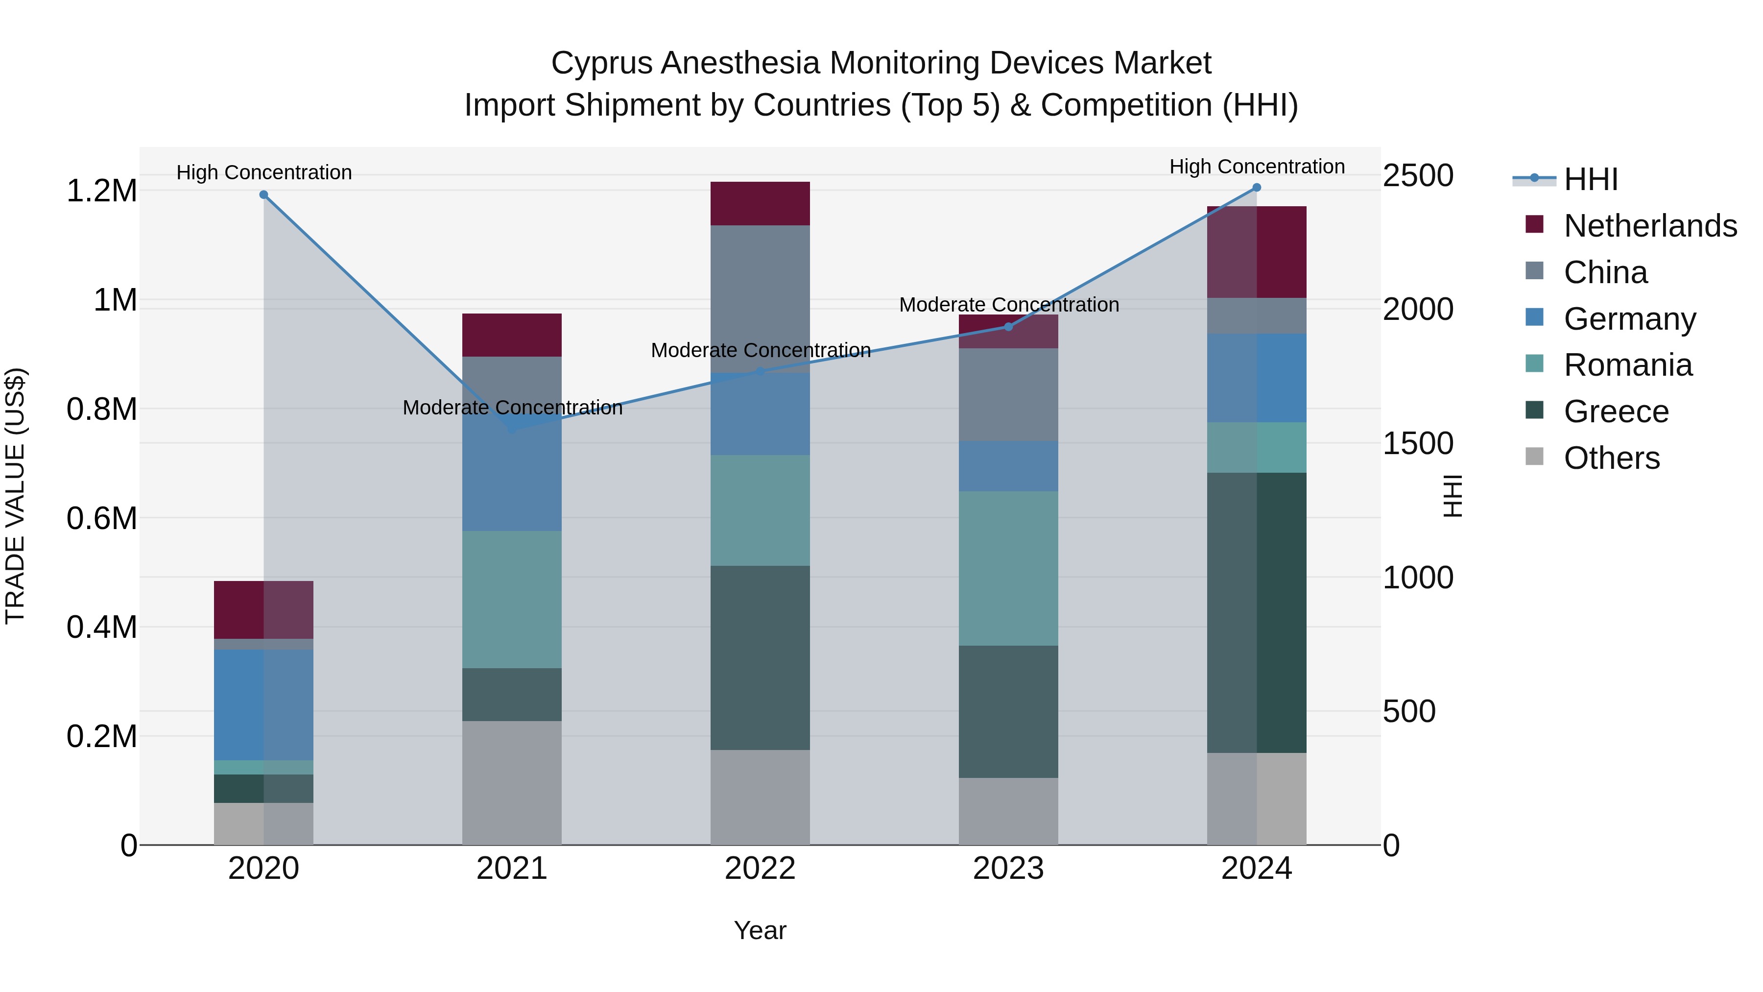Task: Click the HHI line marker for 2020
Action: [x=263, y=195]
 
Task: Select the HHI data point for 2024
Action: [x=1257, y=188]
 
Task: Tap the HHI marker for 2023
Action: [x=1008, y=327]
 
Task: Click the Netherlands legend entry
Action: [x=1649, y=226]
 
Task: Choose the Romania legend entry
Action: [x=1627, y=365]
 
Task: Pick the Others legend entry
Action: [x=1611, y=458]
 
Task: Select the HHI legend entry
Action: [x=1591, y=179]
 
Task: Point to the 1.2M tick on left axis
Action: [x=102, y=191]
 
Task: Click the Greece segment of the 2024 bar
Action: [x=1257, y=613]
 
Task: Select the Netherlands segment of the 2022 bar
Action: [x=760, y=203]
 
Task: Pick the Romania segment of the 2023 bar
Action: [x=1008, y=568]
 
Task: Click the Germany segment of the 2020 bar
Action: [x=263, y=705]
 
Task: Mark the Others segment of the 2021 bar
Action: [x=512, y=782]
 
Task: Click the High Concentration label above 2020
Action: [x=264, y=172]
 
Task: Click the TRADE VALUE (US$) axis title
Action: [x=15, y=496]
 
